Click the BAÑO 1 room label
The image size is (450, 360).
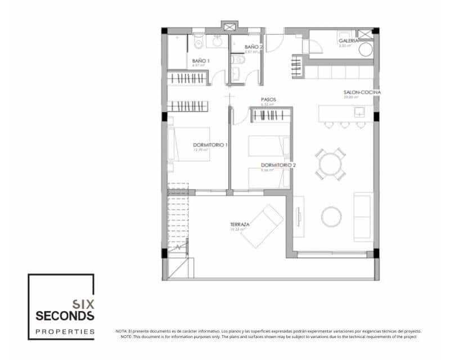(x=201, y=60)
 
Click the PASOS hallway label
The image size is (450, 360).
(x=268, y=100)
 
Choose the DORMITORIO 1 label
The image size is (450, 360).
(x=210, y=145)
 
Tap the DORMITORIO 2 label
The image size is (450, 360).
(x=278, y=165)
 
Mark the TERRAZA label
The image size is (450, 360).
(x=240, y=224)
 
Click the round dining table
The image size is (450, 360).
(x=330, y=163)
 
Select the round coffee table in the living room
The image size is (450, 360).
(x=331, y=216)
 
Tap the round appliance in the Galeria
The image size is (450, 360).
(x=366, y=50)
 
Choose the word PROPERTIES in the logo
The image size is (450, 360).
(x=65, y=332)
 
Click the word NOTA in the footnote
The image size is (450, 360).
(x=120, y=332)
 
